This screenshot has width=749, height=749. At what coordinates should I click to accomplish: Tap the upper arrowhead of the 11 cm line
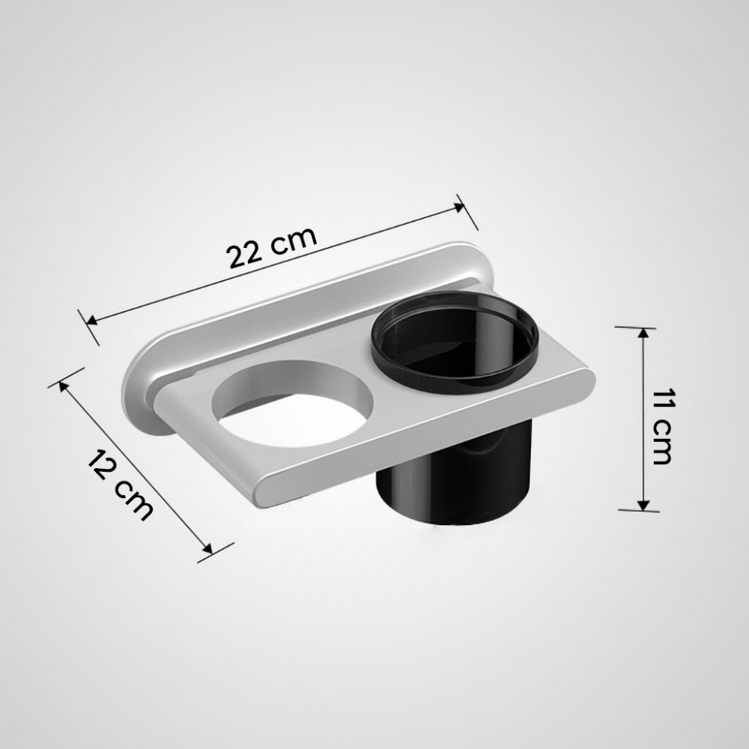643,333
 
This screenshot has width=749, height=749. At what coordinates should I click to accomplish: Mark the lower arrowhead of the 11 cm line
643,504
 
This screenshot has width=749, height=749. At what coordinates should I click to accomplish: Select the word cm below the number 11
661,443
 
